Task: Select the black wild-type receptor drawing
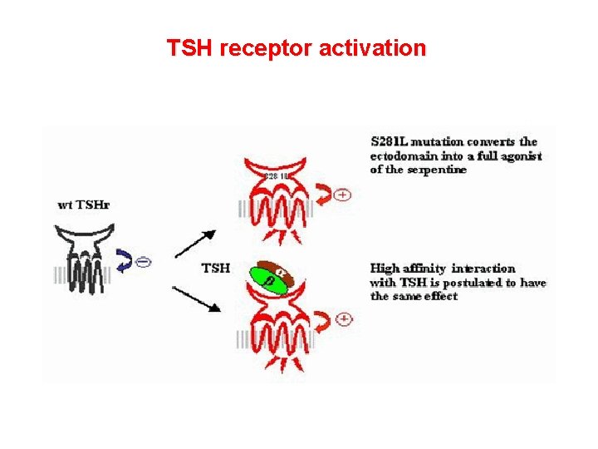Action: [x=84, y=259]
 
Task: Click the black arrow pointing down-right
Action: [x=198, y=298]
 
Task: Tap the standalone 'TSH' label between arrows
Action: [x=217, y=268]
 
